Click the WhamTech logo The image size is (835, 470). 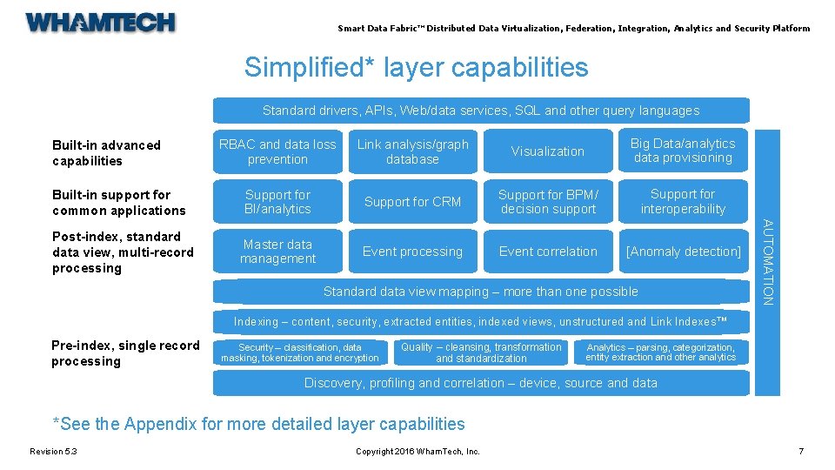point(101,23)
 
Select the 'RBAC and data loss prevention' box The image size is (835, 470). point(277,151)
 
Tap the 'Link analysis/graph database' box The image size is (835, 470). point(412,151)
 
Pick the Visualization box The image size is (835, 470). point(548,151)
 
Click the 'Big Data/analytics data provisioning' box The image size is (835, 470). point(683,151)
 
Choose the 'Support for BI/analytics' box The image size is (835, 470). point(277,202)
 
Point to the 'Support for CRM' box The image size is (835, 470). point(412,202)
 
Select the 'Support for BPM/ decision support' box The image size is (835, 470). point(548,202)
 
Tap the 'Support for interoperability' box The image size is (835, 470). point(683,202)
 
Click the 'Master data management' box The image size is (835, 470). point(277,252)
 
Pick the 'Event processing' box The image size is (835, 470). point(412,252)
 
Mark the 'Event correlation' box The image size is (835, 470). point(548,252)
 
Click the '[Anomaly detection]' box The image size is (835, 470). point(683,252)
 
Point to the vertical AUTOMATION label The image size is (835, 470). point(767,262)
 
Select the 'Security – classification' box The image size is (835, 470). point(300,352)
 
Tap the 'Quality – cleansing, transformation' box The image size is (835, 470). point(481,352)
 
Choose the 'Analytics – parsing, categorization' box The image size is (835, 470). point(661,352)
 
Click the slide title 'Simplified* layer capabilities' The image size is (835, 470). point(416,68)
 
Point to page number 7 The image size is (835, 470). point(801,451)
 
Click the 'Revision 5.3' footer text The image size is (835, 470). point(53,451)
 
